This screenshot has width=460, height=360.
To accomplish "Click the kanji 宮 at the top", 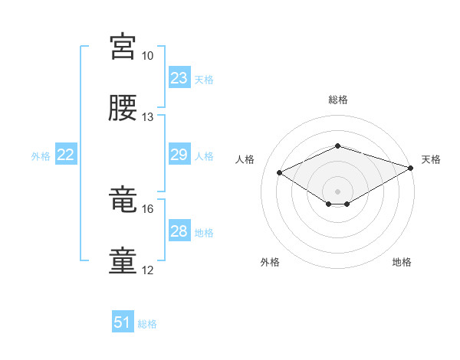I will pyautogui.click(x=123, y=47).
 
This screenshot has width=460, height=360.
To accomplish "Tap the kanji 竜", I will pyautogui.click(x=123, y=200).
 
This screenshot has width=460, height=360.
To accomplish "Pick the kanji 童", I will pyautogui.click(x=123, y=260).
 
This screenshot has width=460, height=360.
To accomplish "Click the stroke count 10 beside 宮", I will pyautogui.click(x=148, y=56).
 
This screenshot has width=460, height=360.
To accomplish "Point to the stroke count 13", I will pyautogui.click(x=148, y=116).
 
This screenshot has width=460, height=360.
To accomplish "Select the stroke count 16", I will pyautogui.click(x=148, y=208).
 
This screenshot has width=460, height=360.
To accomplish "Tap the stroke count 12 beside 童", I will pyautogui.click(x=148, y=270).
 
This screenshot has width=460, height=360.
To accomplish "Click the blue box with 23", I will pyautogui.click(x=179, y=78).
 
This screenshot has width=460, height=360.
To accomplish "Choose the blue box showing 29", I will pyautogui.click(x=179, y=155).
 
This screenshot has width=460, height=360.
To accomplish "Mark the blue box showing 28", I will pyautogui.click(x=179, y=231).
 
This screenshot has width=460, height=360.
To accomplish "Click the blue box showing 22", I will pyautogui.click(x=66, y=155).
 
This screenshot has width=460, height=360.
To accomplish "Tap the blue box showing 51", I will pyautogui.click(x=123, y=322).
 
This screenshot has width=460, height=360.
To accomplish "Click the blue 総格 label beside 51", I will pyautogui.click(x=147, y=324).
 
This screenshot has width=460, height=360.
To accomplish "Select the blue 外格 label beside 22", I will pyautogui.click(x=41, y=156).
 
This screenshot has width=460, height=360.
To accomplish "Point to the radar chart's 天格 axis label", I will pyautogui.click(x=431, y=159).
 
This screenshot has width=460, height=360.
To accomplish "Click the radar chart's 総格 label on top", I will pyautogui.click(x=337, y=100).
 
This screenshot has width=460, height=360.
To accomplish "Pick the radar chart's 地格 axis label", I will pyautogui.click(x=402, y=262).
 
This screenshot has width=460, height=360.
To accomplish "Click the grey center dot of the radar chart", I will pyautogui.click(x=337, y=191).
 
